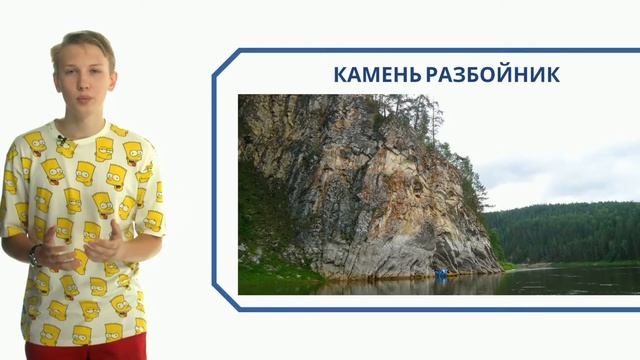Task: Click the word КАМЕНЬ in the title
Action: pos(377,75)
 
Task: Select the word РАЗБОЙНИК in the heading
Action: pos(492,75)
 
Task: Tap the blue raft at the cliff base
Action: pos(441,272)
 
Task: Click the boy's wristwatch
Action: pos(33,254)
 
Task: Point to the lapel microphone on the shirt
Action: pos(63,140)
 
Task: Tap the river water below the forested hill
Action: pos(570,280)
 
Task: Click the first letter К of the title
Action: pos(338,75)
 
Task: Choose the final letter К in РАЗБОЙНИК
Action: pos(553,75)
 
